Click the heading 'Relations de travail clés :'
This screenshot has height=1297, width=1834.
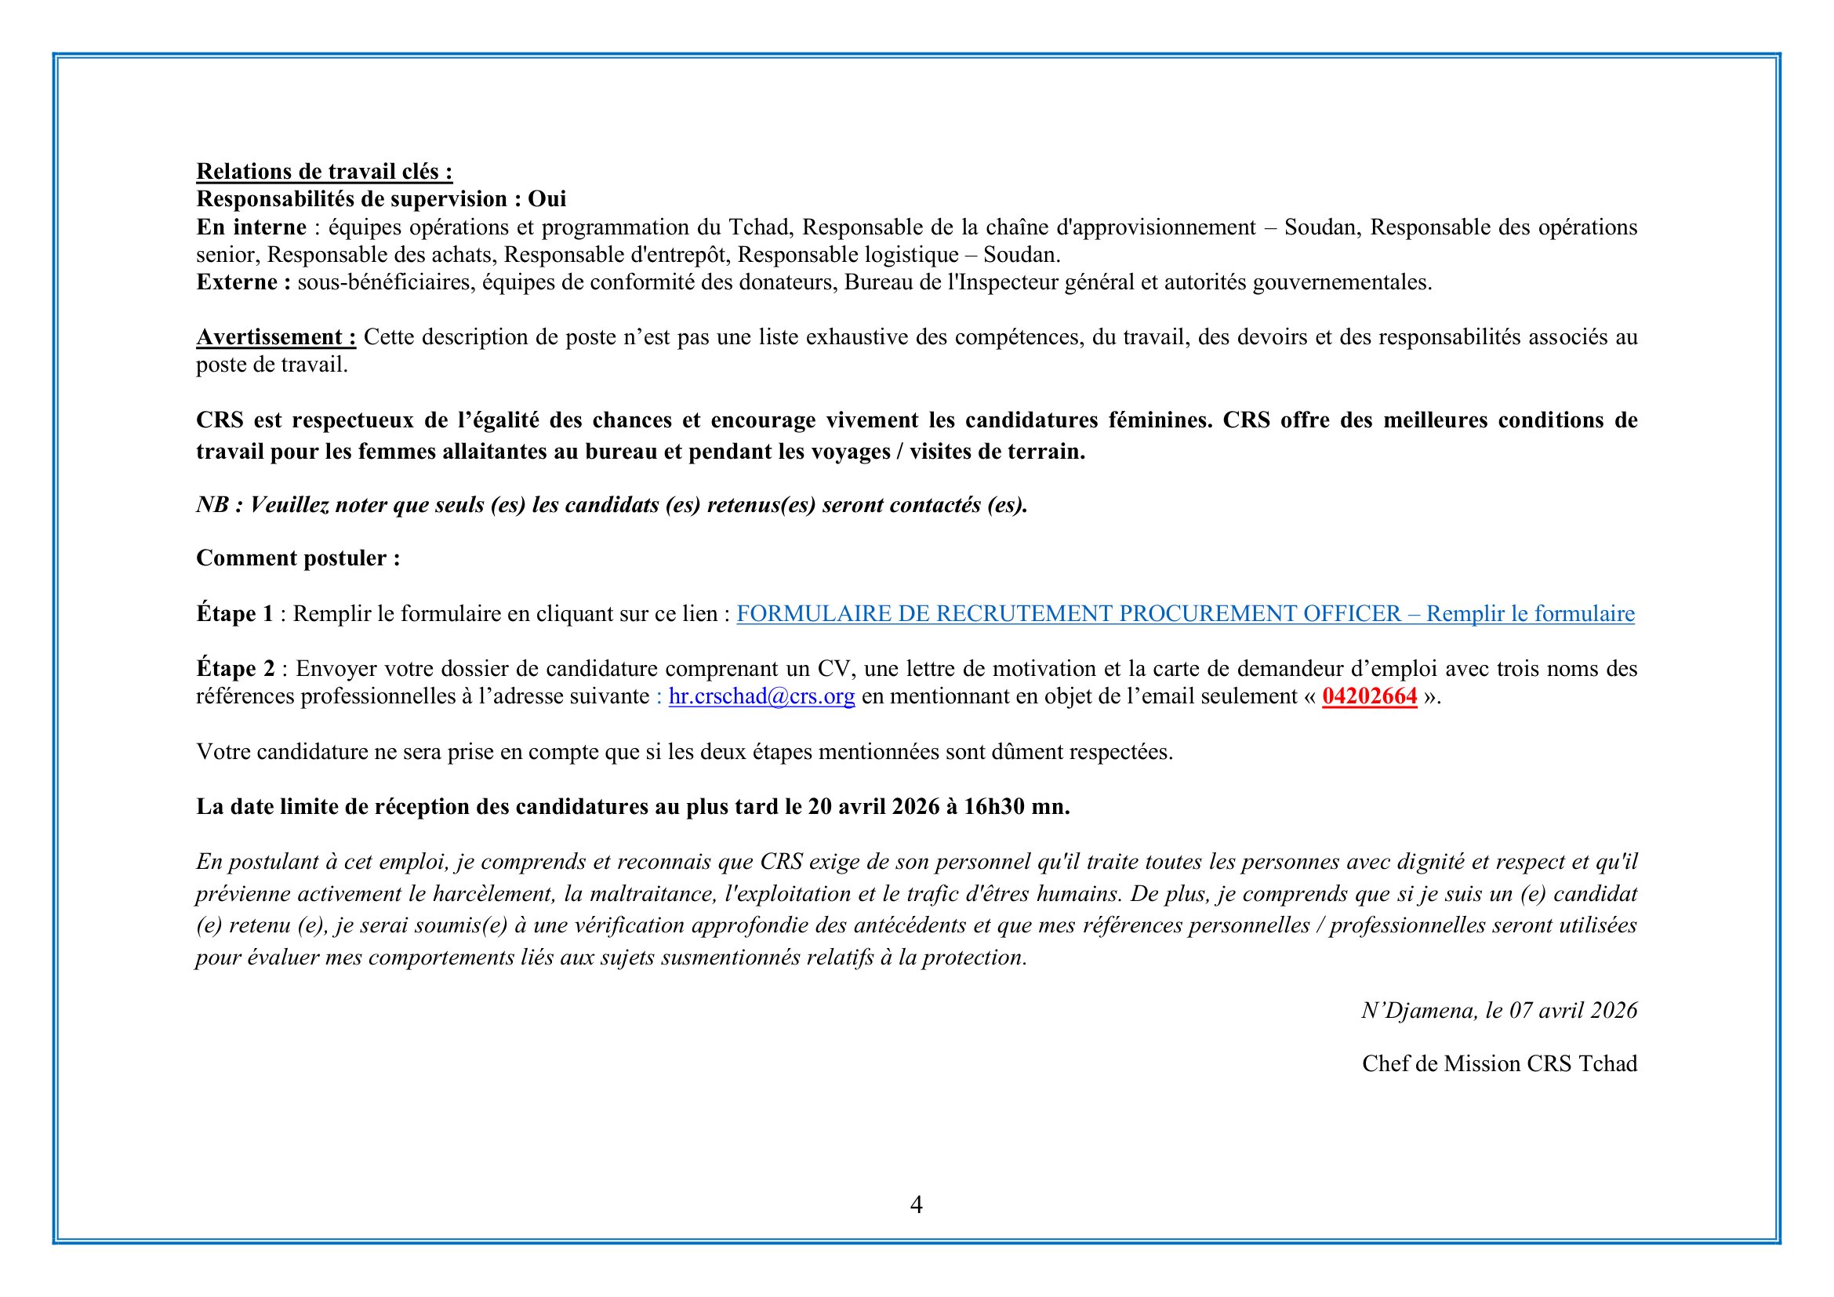325,172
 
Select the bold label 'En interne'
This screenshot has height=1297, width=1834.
251,227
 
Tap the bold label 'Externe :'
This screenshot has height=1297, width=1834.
244,282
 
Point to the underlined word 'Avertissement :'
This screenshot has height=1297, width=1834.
276,337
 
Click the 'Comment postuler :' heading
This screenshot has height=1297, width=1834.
298,558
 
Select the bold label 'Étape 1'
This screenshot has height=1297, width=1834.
235,613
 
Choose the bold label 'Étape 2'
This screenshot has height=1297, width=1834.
236,668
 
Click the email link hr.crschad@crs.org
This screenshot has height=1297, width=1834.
761,696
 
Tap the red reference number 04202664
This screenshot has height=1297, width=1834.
1369,696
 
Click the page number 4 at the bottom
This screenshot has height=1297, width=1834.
916,1204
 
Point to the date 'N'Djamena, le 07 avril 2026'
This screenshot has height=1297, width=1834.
1499,1010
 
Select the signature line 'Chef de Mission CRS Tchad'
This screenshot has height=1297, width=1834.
1499,1064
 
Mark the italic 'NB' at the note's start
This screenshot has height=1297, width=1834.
212,505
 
